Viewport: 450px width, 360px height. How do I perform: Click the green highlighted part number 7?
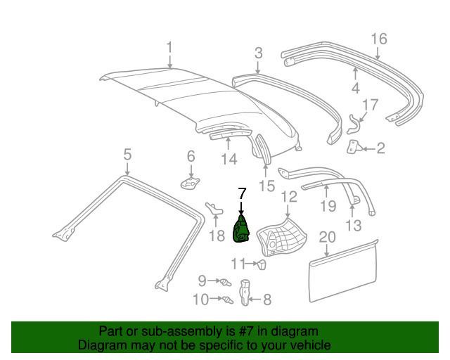[241, 230]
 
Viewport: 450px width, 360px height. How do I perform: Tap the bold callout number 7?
[242, 193]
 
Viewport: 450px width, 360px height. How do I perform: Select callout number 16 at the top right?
[379, 39]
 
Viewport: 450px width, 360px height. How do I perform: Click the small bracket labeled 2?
[353, 147]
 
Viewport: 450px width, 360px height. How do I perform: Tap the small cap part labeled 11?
[262, 264]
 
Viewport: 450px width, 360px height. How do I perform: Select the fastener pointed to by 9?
[225, 282]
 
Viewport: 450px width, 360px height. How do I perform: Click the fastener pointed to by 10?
[228, 300]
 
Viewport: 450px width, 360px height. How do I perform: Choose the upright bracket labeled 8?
[244, 292]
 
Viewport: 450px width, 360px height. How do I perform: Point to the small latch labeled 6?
[190, 183]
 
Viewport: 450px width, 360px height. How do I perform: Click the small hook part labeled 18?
[214, 208]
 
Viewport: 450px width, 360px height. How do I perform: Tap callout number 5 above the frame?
[127, 155]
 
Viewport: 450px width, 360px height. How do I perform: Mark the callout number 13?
[353, 226]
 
